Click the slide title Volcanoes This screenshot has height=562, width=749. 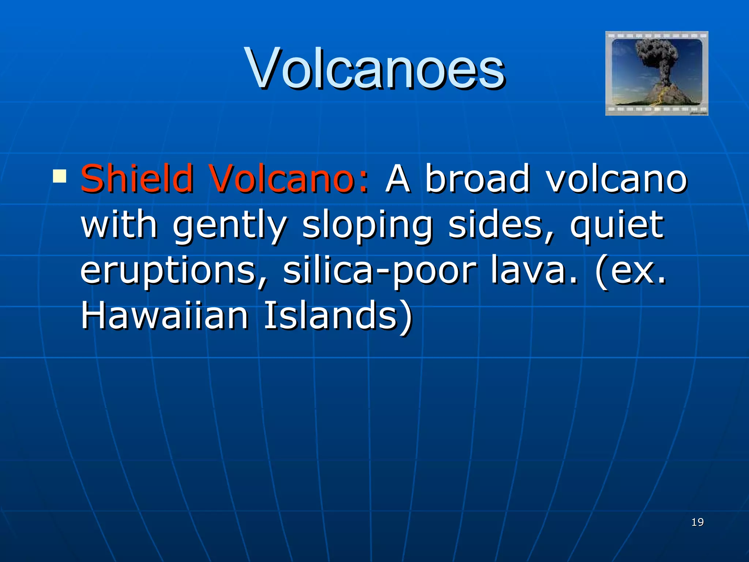pyautogui.click(x=376, y=68)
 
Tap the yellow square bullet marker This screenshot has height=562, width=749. pyautogui.click(x=60, y=176)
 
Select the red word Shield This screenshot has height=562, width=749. pyautogui.click(x=137, y=178)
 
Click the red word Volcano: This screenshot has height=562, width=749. pyautogui.click(x=289, y=178)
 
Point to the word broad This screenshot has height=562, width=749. pyautogui.click(x=477, y=178)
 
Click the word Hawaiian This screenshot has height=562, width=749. pyautogui.click(x=165, y=315)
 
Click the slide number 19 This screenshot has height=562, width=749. pyautogui.click(x=697, y=522)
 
